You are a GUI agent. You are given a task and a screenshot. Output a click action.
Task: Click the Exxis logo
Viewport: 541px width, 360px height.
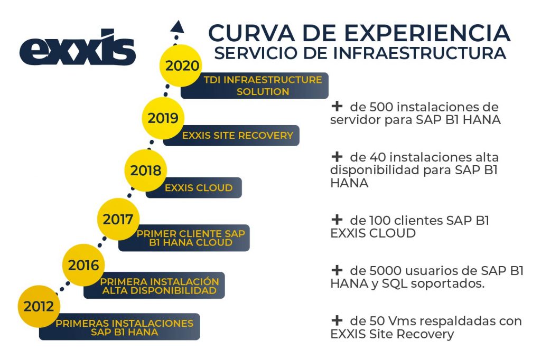(x=78, y=48)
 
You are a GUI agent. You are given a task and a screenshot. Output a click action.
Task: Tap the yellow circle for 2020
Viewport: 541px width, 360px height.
(x=181, y=65)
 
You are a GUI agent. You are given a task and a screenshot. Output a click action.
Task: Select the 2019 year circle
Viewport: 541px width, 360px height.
(x=163, y=118)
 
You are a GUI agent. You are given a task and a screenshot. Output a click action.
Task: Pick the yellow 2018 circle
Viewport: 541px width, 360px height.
(x=146, y=170)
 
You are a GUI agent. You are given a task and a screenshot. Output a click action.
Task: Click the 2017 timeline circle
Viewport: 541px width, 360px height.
(x=118, y=219)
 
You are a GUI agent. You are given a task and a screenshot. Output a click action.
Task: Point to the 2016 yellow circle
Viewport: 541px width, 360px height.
(x=83, y=265)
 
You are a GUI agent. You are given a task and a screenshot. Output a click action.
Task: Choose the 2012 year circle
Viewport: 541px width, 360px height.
(x=39, y=307)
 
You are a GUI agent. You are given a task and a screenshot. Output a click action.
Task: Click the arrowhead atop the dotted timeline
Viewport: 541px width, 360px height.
(x=178, y=26)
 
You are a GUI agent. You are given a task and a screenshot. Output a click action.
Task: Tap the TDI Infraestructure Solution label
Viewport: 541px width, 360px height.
(x=255, y=86)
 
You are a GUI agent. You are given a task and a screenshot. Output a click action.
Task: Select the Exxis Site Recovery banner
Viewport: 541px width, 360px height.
(x=231, y=136)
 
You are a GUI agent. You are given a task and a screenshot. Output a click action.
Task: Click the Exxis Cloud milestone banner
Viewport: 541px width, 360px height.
(x=193, y=187)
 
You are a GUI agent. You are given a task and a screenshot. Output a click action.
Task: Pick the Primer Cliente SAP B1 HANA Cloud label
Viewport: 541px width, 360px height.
(x=184, y=238)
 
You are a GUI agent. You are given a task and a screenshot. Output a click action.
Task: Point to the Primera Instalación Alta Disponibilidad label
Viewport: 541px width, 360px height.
(x=154, y=286)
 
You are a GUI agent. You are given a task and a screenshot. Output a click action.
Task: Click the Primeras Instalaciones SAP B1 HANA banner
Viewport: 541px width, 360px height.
(x=119, y=327)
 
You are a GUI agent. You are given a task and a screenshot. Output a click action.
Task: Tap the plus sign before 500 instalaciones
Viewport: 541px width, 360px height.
(x=337, y=106)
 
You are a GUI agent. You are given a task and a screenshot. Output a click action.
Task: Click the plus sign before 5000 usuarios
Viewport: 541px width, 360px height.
(x=337, y=270)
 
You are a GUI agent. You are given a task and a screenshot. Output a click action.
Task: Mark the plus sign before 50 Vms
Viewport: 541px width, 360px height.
(x=337, y=320)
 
